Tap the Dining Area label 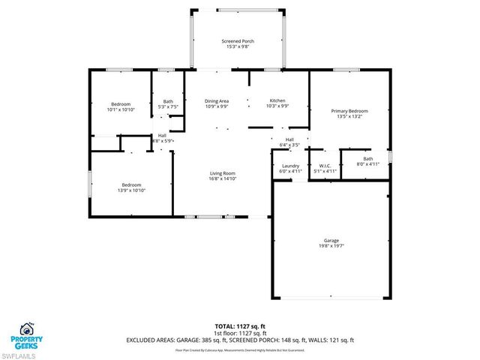(217, 100)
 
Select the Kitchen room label (277, 100)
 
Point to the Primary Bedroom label (349, 111)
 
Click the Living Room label (223, 173)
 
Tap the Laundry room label (291, 166)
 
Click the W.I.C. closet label (325, 166)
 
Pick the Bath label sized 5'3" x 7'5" (168, 102)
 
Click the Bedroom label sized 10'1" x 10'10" (121, 104)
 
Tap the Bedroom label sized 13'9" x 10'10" (132, 184)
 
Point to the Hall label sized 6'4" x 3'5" (289, 139)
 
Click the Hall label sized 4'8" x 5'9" (162, 136)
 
